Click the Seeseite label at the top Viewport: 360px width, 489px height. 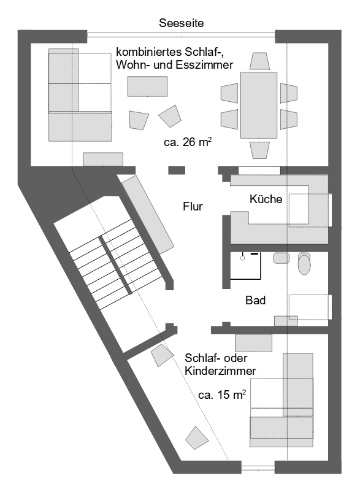point(181,23)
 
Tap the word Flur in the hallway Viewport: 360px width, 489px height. point(193,206)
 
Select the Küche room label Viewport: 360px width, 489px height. point(266,199)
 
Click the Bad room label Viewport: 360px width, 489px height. point(255,301)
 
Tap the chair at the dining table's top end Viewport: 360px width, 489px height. point(259,61)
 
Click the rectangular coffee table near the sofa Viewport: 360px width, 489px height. point(147,86)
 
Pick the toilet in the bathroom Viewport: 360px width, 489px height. point(304,263)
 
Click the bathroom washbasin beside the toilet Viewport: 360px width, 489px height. point(281,258)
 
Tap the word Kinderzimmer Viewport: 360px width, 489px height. point(220,371)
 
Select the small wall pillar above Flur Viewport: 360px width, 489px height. point(177,170)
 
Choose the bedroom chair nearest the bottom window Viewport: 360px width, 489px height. point(197,437)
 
